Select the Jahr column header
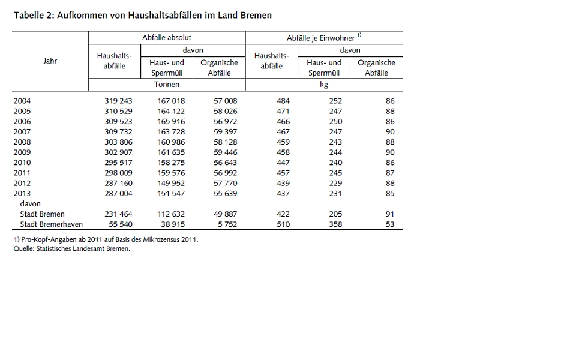tap(50, 61)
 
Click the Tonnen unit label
tap(167, 85)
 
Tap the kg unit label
tap(324, 85)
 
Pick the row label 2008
tap(22, 142)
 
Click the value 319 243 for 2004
tap(118, 101)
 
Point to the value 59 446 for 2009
tap(226, 152)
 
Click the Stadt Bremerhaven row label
tap(51, 224)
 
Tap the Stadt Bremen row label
tap(42, 214)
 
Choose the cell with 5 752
tap(227, 224)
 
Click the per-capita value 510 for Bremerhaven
tap(283, 224)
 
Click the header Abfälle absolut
tap(167, 38)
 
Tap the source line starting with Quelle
tap(71, 248)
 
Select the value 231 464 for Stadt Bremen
tap(118, 214)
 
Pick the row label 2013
tap(22, 194)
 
